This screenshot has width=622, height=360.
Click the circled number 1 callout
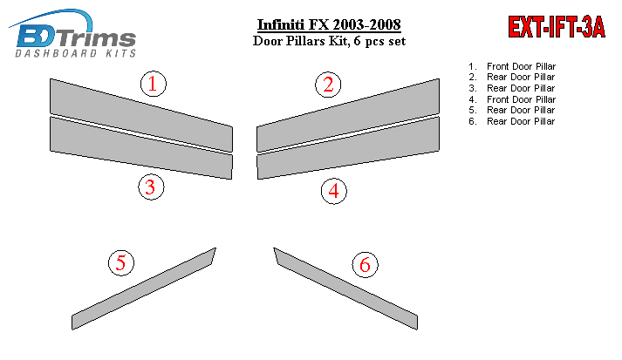pos(154,84)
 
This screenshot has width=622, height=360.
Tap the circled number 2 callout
pos(328,85)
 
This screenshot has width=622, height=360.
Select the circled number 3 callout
pos(151,187)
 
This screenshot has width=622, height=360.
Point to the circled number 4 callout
pos(333,191)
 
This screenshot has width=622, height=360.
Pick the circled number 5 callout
pos(121,263)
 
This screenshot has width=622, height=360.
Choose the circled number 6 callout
pos(365,264)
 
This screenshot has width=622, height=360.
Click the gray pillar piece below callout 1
pos(141,115)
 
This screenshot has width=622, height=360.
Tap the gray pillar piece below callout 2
pos(348,115)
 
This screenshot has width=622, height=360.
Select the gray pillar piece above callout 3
pos(141,147)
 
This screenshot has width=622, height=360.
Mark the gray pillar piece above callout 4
pos(348,147)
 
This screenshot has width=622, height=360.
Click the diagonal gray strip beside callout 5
pos(144,289)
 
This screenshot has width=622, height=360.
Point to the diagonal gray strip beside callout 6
pos(345,289)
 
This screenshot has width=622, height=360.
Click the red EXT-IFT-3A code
pos(557,27)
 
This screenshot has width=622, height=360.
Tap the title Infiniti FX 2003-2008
pos(329,24)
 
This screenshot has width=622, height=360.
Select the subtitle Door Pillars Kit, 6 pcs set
pos(329,41)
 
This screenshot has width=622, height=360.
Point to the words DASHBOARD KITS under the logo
pos(75,53)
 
